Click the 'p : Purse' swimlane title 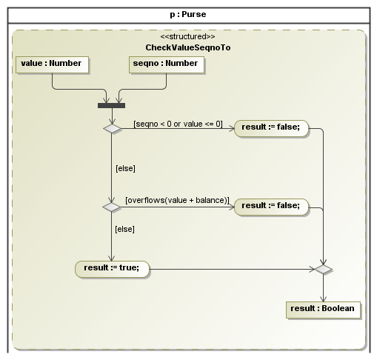coord(188,14)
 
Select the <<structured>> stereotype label coord(187,36)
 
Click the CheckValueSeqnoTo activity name coord(188,47)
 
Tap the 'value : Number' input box coord(52,64)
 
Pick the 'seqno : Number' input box coord(167,64)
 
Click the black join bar coord(111,105)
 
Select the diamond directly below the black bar coord(112,129)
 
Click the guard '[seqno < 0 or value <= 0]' coord(178,124)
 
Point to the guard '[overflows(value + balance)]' coord(177,200)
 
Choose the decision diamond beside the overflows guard coord(112,207)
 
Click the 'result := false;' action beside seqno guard coord(271,128)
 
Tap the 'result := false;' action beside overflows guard coord(271,207)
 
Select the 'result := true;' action coord(112,269)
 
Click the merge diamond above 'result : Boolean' coord(323,269)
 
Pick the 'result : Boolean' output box coord(323,310)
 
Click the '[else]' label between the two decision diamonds coord(125,168)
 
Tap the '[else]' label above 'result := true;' coord(124,229)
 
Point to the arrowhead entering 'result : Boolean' coord(323,299)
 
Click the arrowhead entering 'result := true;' coord(111,259)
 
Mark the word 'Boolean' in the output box coord(338,308)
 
